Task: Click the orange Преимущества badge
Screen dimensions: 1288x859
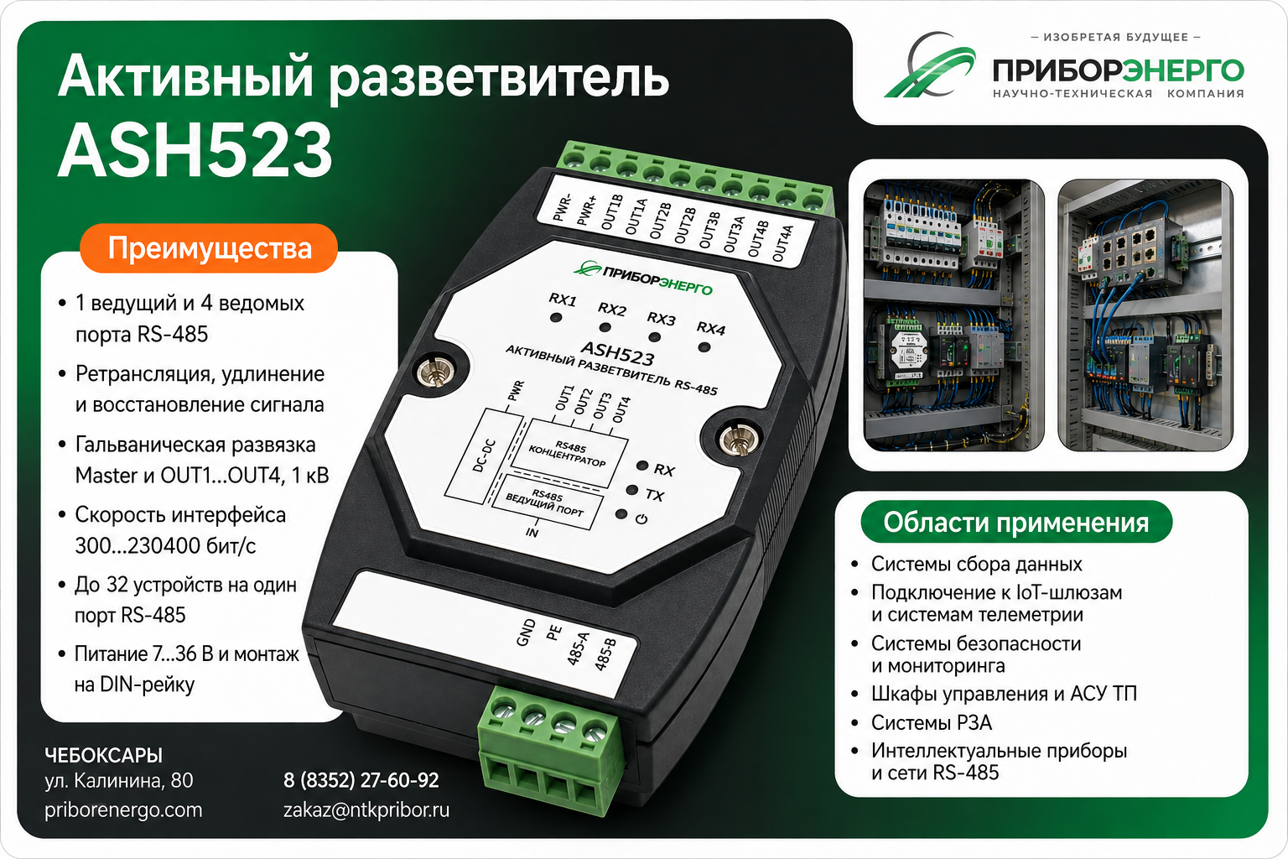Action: tap(209, 248)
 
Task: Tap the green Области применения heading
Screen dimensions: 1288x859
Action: tap(1016, 522)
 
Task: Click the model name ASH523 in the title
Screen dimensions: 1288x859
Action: tap(195, 150)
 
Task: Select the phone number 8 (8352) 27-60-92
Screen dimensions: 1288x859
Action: tap(361, 780)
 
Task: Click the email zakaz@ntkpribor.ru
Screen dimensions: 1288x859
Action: tap(366, 810)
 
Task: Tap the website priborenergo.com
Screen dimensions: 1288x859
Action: tap(123, 810)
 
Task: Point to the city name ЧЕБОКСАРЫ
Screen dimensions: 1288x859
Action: tap(103, 755)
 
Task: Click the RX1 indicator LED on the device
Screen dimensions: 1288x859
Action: tap(555, 317)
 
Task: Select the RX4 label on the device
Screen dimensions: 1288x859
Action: tap(711, 328)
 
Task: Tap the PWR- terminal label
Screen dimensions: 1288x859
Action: tap(562, 208)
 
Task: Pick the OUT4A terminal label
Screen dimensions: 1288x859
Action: tap(782, 243)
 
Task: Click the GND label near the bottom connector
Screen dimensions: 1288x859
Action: tap(526, 633)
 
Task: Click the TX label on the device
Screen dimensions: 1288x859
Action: tap(654, 494)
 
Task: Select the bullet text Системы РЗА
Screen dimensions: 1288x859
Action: tap(932, 722)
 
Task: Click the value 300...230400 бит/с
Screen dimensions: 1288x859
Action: tap(165, 545)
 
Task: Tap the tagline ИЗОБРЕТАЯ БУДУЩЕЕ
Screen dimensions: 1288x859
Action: tap(1115, 38)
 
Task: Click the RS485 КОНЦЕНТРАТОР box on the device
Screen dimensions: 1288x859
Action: tap(569, 455)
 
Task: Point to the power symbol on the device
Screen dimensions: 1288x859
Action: tap(641, 519)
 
